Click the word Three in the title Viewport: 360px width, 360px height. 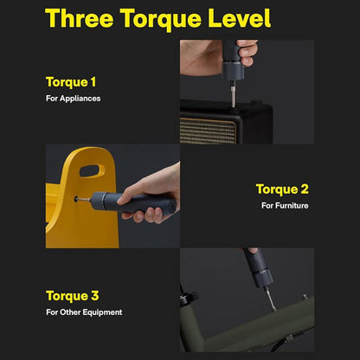pos(80,18)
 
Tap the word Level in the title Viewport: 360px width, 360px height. pos(240,18)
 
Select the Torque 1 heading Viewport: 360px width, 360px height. pos(71,82)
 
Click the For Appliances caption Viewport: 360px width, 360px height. pos(74,99)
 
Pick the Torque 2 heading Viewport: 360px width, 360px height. pos(282,190)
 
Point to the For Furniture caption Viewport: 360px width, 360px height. pos(285,205)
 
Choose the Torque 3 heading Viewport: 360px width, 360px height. pos(73,296)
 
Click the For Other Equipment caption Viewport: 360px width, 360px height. pos(84,312)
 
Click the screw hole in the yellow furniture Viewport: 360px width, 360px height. pos(76,199)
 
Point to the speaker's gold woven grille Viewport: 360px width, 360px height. pos(208,131)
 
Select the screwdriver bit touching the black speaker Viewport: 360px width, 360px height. pos(233,93)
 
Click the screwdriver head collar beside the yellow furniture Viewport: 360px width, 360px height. pos(98,199)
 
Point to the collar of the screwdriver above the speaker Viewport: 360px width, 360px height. pos(233,70)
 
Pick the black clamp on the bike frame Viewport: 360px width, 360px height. pos(189,299)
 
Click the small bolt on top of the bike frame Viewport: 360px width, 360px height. pos(304,297)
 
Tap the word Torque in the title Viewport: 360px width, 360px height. pos(161,19)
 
